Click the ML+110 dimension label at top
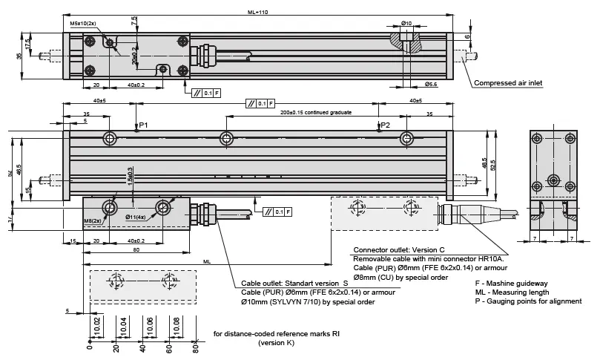[256, 10]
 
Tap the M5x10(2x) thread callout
[84, 24]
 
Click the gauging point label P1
[144, 125]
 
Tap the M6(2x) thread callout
[93, 221]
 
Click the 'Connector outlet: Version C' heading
[398, 250]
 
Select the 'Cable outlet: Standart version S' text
[294, 284]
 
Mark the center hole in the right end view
[553, 179]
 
